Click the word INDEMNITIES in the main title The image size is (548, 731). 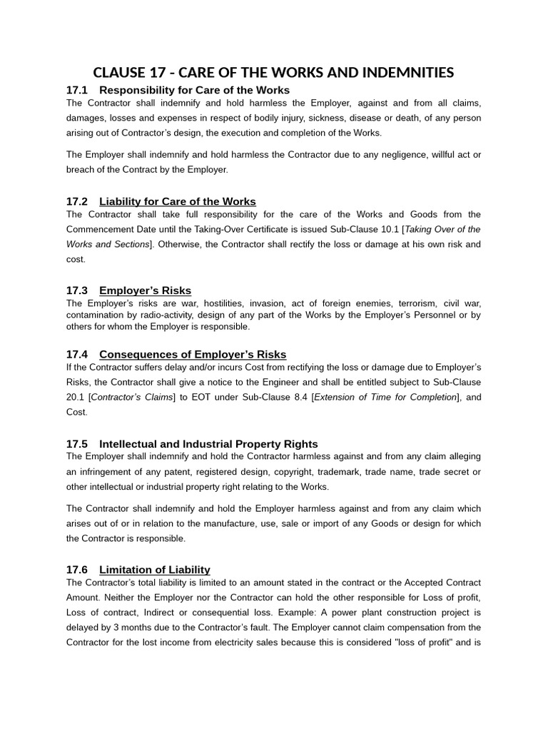click(406, 72)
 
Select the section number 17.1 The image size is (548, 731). click(76, 90)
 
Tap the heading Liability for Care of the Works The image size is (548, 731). click(177, 201)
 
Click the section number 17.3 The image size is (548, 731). click(76, 291)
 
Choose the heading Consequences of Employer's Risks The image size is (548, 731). click(193, 355)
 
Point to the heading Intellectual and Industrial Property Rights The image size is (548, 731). click(208, 444)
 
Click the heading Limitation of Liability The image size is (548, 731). click(155, 570)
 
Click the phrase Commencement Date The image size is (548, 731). click(107, 229)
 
